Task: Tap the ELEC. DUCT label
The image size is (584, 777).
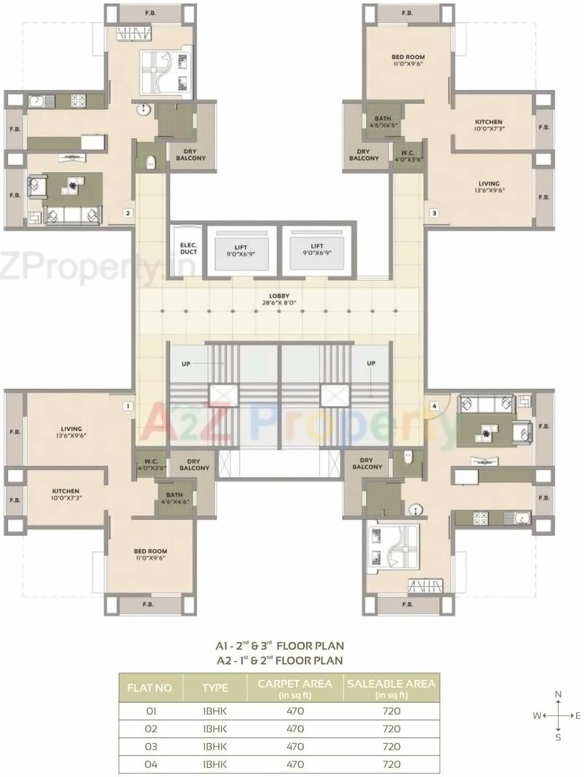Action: (188, 248)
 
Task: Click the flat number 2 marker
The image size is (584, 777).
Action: (128, 213)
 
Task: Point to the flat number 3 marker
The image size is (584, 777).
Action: (434, 213)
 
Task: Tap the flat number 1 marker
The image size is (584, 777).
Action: (128, 406)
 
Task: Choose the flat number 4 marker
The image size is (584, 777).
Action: (435, 406)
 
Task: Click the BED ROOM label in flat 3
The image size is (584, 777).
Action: (408, 61)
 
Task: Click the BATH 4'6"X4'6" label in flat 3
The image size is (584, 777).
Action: (383, 121)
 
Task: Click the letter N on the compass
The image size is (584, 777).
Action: (557, 694)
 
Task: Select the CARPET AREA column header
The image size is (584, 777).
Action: (295, 688)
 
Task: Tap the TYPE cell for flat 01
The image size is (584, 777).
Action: (215, 711)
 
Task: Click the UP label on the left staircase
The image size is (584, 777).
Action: (186, 364)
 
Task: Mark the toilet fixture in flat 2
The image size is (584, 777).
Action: (151, 160)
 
